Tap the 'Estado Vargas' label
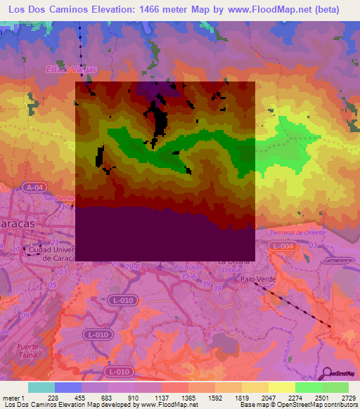(x=66, y=70)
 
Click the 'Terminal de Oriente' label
(x=297, y=232)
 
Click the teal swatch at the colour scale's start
(x=41, y=387)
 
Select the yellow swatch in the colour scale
(x=281, y=387)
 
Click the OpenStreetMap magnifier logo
(x=325, y=372)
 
